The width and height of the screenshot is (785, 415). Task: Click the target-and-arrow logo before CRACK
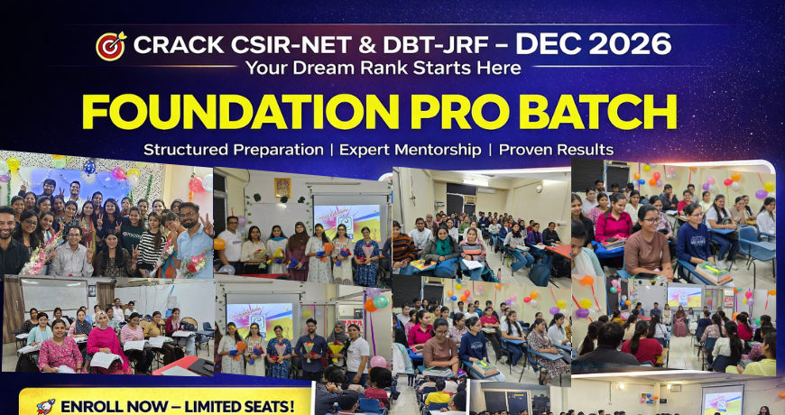(111, 46)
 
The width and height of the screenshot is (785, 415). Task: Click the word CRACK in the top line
(179, 45)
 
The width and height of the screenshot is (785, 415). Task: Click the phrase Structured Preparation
(234, 150)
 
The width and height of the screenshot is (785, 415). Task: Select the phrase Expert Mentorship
(411, 150)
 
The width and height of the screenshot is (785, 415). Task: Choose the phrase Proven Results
(556, 150)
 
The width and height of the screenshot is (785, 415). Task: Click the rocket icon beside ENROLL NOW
(46, 406)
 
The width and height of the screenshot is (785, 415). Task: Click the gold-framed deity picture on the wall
(282, 188)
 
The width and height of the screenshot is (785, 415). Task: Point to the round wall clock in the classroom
(538, 189)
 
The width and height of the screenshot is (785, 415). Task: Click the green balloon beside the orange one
(381, 302)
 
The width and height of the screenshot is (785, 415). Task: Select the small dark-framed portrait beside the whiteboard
(91, 290)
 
